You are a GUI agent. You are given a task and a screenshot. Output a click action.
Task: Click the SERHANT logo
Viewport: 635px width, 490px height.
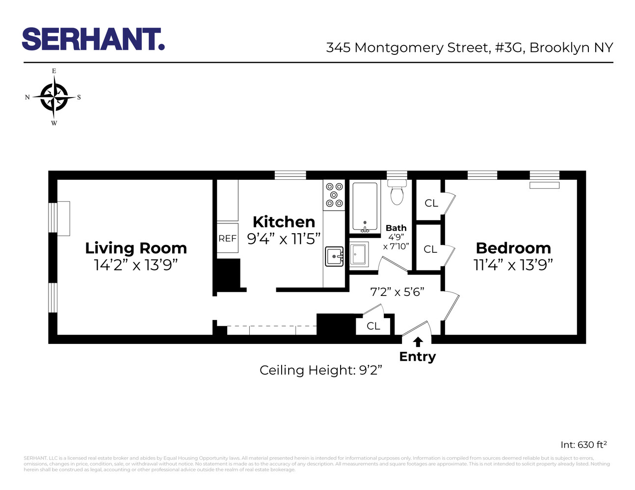pos(93,39)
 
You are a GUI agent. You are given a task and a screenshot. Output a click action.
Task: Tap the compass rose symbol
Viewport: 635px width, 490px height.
pos(53,97)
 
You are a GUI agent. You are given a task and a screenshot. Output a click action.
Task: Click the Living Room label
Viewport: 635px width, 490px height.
pos(136,248)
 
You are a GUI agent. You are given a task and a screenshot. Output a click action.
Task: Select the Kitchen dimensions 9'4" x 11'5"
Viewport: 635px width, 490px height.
pos(284,239)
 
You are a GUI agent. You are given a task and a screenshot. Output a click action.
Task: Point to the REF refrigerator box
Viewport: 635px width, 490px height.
pos(227,239)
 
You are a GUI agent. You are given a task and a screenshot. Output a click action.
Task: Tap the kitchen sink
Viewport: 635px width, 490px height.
pos(334,256)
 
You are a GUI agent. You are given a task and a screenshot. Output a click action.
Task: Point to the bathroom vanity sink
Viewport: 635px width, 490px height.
pos(359,254)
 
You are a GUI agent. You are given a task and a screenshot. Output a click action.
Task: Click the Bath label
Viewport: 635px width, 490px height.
pos(396,228)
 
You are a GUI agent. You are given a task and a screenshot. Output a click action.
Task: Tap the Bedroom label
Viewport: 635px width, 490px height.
pos(513,248)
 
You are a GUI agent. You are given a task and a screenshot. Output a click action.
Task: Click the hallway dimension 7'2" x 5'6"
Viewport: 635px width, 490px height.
pos(397,292)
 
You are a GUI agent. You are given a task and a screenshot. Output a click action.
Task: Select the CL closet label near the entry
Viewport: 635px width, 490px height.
pos(373,326)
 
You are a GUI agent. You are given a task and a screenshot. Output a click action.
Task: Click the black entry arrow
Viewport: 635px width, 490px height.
pos(418,342)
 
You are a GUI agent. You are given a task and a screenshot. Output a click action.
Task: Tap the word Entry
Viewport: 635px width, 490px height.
pos(417,357)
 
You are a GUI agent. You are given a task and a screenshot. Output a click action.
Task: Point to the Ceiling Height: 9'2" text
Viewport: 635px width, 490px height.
pos(320,370)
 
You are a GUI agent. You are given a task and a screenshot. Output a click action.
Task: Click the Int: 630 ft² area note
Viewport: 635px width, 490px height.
pos(583,445)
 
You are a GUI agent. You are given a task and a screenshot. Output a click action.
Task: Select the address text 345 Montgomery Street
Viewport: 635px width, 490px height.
pos(407,48)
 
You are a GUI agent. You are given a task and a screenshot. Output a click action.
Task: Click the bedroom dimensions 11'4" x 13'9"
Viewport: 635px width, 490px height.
pos(513,265)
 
